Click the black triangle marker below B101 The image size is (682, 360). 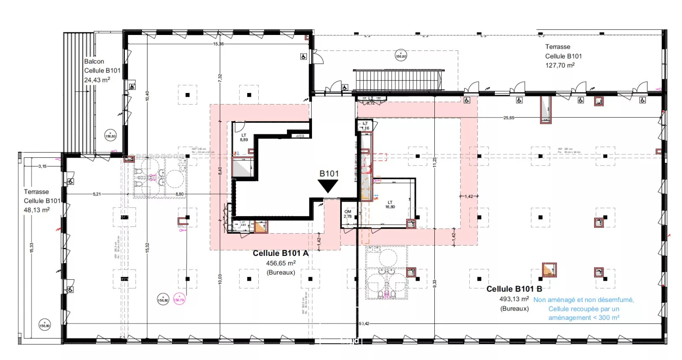pyautogui.click(x=328, y=186)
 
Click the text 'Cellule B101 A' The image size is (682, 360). pyautogui.click(x=280, y=253)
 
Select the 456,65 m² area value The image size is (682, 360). pyautogui.click(x=280, y=264)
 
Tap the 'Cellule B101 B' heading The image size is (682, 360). pyautogui.click(x=514, y=289)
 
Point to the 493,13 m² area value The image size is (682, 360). pyautogui.click(x=514, y=299)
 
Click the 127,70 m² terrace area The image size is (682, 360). pyautogui.click(x=560, y=65)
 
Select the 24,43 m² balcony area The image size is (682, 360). pyautogui.click(x=97, y=80)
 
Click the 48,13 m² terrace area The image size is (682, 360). pyautogui.click(x=37, y=210)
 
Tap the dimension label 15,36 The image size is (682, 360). pyautogui.click(x=218, y=44)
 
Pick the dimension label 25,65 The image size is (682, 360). pyautogui.click(x=509, y=118)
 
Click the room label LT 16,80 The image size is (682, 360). pyautogui.click(x=390, y=205)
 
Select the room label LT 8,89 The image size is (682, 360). pyautogui.click(x=244, y=137)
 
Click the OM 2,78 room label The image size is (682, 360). pyautogui.click(x=348, y=214)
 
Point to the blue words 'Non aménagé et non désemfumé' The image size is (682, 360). pyautogui.click(x=583, y=300)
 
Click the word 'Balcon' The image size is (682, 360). pyautogui.click(x=94, y=61)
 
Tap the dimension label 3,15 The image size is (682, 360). pyautogui.click(x=42, y=166)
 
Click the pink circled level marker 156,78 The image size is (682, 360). pyautogui.click(x=179, y=299)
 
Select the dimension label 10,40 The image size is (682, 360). pyautogui.click(x=147, y=96)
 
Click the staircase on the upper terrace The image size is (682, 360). pyautogui.click(x=398, y=80)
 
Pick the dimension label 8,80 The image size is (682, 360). pyautogui.click(x=179, y=194)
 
